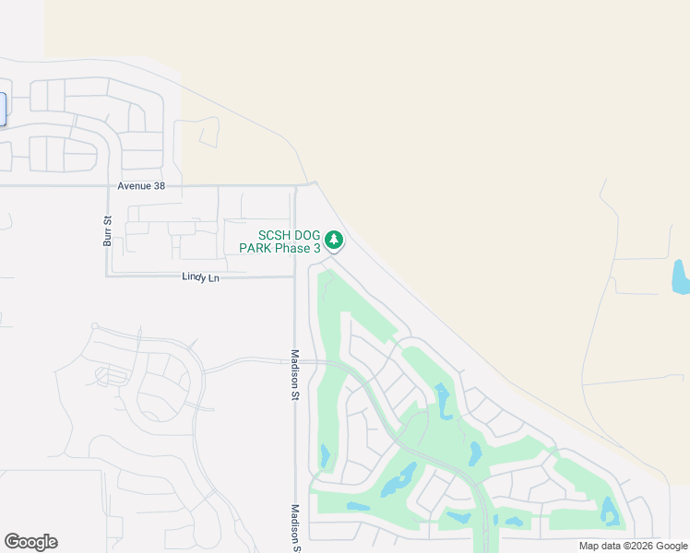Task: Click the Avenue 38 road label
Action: (140, 185)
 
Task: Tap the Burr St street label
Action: (107, 230)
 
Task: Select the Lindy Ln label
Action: (201, 276)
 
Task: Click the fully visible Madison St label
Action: (296, 374)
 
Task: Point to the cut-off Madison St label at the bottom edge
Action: (296, 527)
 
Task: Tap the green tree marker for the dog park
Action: (334, 241)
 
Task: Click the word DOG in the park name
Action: (301, 235)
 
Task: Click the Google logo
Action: (30, 542)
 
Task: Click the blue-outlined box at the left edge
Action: (3, 109)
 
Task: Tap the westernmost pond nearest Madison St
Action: (325, 455)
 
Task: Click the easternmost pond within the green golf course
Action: (609, 510)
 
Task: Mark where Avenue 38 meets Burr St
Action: (107, 185)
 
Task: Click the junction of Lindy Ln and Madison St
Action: (295, 276)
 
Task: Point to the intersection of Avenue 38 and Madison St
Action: (295, 185)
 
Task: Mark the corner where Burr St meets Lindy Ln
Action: (107, 276)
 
